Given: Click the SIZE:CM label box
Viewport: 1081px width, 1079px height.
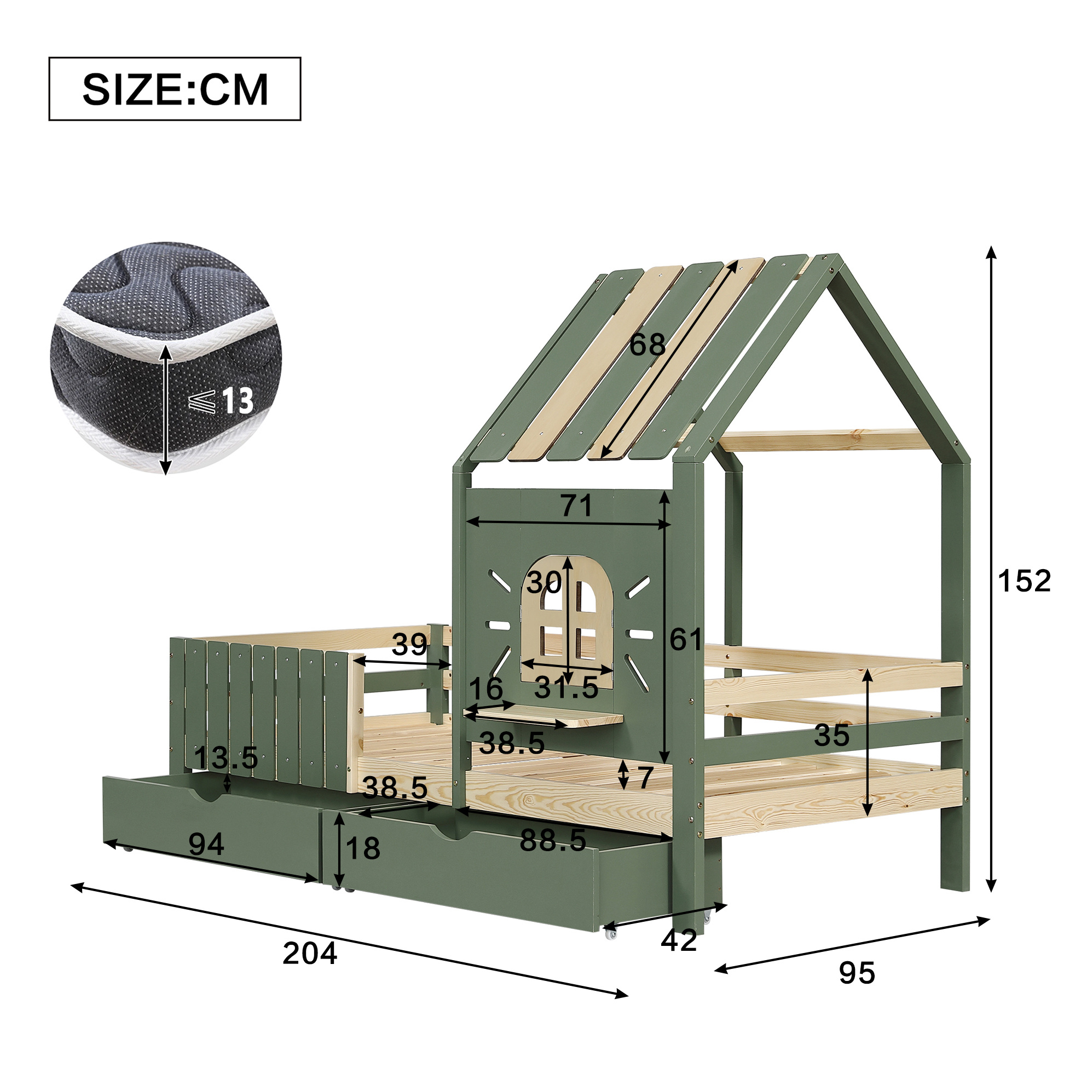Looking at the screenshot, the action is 175,89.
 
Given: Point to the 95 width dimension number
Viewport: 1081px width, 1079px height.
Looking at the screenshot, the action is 857,974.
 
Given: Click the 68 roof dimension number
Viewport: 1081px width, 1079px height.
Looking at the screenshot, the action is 648,345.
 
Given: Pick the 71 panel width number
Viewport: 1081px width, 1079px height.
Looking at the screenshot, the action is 576,506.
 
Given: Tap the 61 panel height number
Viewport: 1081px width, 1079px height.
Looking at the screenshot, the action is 686,639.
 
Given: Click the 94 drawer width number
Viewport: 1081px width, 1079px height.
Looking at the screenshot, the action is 206,844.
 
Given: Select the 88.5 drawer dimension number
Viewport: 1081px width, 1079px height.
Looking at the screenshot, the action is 553,840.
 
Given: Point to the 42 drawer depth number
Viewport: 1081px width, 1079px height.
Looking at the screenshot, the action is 679,940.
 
